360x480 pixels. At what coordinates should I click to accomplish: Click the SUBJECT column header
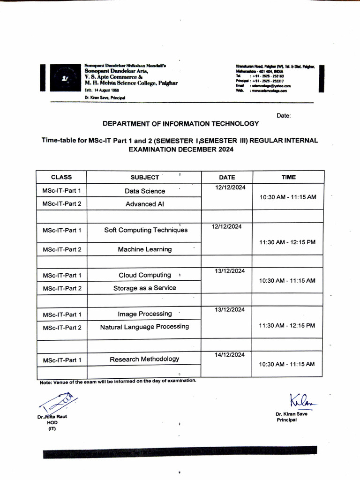click(144, 177)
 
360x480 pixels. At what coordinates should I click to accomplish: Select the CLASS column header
click(61, 177)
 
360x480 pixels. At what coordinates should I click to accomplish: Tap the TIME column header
click(288, 177)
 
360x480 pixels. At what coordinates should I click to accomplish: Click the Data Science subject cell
click(144, 191)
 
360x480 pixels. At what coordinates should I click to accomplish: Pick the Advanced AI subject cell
click(144, 204)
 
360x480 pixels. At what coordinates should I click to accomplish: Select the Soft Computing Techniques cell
click(145, 230)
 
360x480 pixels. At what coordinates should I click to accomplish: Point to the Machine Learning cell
click(144, 249)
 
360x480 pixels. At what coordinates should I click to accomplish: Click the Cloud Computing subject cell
click(144, 275)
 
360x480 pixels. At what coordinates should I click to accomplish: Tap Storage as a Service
click(144, 288)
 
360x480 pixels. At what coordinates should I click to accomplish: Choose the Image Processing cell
click(144, 314)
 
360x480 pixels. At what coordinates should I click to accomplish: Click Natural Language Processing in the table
click(144, 326)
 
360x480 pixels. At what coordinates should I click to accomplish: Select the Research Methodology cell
click(144, 359)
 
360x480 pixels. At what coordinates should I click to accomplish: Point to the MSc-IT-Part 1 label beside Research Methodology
click(62, 360)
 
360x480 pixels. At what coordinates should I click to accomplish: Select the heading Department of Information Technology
click(180, 124)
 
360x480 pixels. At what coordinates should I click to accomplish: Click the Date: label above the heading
click(284, 115)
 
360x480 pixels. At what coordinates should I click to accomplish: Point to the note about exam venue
click(117, 381)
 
